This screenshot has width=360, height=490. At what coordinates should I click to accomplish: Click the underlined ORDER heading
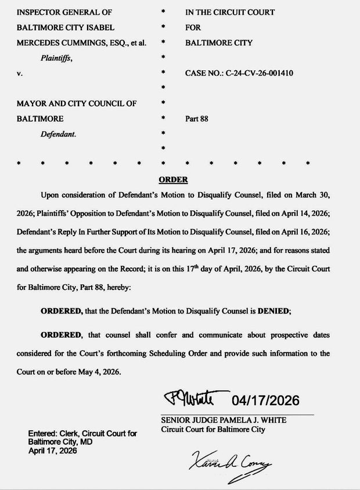[173, 180]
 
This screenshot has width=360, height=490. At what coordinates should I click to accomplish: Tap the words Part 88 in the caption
[196, 119]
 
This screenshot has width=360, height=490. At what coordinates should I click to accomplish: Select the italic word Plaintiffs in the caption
[56, 58]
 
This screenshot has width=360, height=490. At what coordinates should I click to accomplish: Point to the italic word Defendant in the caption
[58, 134]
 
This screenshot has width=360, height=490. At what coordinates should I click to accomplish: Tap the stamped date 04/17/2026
[265, 401]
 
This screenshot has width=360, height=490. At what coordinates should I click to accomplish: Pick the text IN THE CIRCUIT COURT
[230, 12]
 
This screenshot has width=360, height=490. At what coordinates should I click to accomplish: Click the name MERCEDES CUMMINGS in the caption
[54, 43]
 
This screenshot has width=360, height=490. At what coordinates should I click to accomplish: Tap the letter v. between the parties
[20, 73]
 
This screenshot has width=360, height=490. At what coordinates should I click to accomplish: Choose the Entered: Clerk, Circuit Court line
[82, 434]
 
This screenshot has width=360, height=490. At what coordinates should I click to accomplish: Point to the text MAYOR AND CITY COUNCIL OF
[77, 104]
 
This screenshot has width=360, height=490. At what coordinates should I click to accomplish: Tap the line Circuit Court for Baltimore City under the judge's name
[213, 430]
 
